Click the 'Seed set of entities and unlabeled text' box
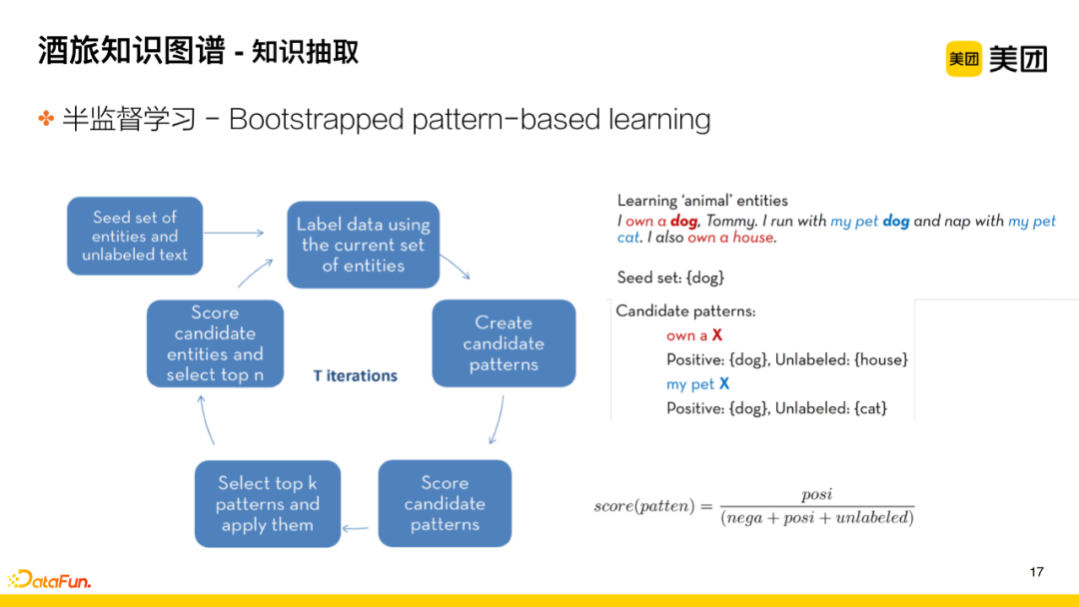click(x=135, y=236)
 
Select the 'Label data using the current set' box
click(x=364, y=245)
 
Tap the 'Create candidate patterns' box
click(x=504, y=343)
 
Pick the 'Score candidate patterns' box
click(x=445, y=503)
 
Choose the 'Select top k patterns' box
click(x=267, y=503)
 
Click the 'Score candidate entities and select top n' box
click(x=215, y=343)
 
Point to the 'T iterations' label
click(x=355, y=376)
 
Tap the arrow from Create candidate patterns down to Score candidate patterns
click(x=497, y=419)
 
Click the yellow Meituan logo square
click(x=964, y=59)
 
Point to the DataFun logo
click(x=50, y=579)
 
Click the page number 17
click(x=1036, y=572)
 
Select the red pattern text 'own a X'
click(x=694, y=335)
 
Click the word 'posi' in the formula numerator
click(x=816, y=495)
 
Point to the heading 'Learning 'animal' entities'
click(x=702, y=201)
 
